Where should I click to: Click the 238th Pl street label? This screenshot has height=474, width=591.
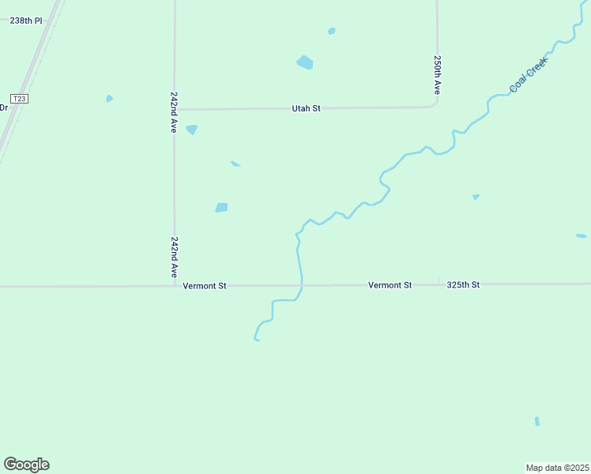pos(26,21)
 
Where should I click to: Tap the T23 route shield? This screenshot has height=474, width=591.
pos(20,99)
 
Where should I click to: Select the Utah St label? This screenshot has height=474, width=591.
pos(306,108)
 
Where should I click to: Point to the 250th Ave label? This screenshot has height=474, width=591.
pos(436,75)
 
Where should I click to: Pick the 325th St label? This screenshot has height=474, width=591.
pos(463,284)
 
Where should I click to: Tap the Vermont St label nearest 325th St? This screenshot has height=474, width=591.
pos(390,284)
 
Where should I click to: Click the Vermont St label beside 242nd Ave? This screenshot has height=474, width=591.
pos(205,286)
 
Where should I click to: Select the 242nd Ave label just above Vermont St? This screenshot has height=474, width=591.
pos(174,255)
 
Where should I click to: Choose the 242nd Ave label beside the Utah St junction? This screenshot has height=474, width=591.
pos(174,111)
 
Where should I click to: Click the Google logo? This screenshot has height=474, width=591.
pos(26,465)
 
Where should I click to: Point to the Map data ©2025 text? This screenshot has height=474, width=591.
pos(557,468)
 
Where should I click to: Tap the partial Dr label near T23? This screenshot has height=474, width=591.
pos(3,107)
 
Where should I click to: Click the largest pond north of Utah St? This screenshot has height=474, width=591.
pos(305,62)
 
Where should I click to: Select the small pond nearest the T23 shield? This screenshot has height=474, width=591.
pos(109,99)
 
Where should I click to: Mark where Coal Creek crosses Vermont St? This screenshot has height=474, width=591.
pos(301,285)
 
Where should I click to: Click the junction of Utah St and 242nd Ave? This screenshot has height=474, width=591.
pos(175,109)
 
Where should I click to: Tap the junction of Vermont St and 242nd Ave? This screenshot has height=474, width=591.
pos(175,286)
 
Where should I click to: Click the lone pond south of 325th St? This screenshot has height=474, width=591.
pos(537,421)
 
